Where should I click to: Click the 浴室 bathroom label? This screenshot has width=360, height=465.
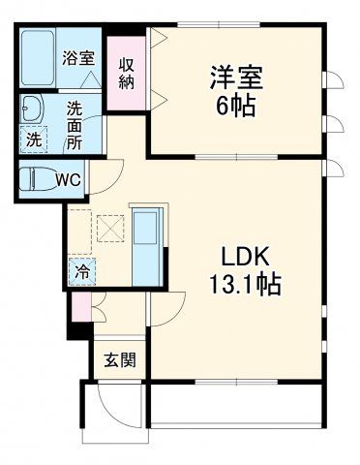(78, 58)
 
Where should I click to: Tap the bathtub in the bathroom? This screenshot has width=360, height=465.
(41, 57)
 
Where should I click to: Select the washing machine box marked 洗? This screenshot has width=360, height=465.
(33, 139)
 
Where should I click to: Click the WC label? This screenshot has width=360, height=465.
(67, 179)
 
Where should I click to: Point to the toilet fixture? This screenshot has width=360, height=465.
(37, 179)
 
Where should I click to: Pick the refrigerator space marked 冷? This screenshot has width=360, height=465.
(82, 271)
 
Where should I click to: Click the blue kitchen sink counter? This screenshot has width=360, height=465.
(147, 242)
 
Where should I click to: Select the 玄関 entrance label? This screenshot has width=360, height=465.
(120, 360)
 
